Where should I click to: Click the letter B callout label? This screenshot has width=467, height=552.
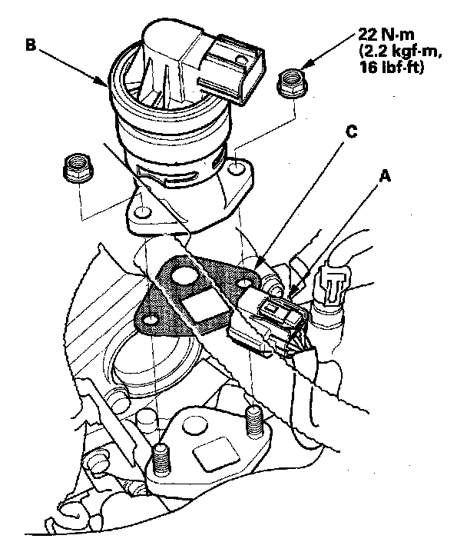click(31, 45)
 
